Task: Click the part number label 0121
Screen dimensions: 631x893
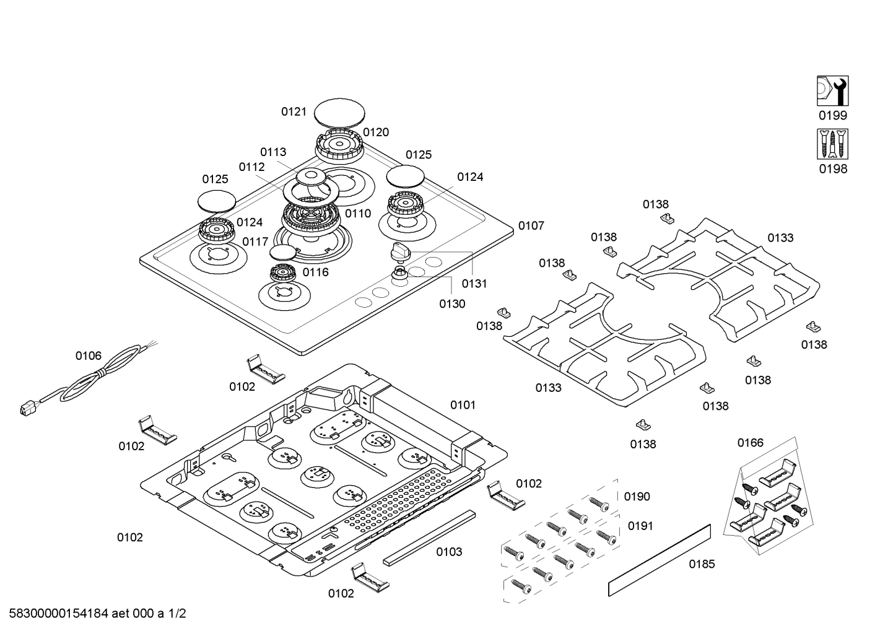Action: point(294,111)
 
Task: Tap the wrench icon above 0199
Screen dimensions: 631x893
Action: point(832,91)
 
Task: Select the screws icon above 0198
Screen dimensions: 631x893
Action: point(832,144)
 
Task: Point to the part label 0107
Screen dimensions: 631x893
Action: point(531,225)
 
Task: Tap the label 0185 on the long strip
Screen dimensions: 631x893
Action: point(702,564)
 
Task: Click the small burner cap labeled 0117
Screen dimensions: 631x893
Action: point(283,251)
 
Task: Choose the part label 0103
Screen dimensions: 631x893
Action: point(449,552)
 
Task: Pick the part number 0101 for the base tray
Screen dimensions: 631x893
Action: point(463,405)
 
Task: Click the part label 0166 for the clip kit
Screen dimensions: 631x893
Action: point(750,443)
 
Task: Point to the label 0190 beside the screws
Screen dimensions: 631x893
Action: point(637,497)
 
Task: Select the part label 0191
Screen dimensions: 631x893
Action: point(640,526)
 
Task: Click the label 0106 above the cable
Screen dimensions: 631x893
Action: point(89,355)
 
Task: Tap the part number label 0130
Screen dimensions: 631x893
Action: point(452,303)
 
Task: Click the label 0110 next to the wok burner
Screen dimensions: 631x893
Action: point(358,214)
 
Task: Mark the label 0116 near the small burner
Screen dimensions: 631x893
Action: point(315,272)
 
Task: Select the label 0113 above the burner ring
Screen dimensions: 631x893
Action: point(273,152)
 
